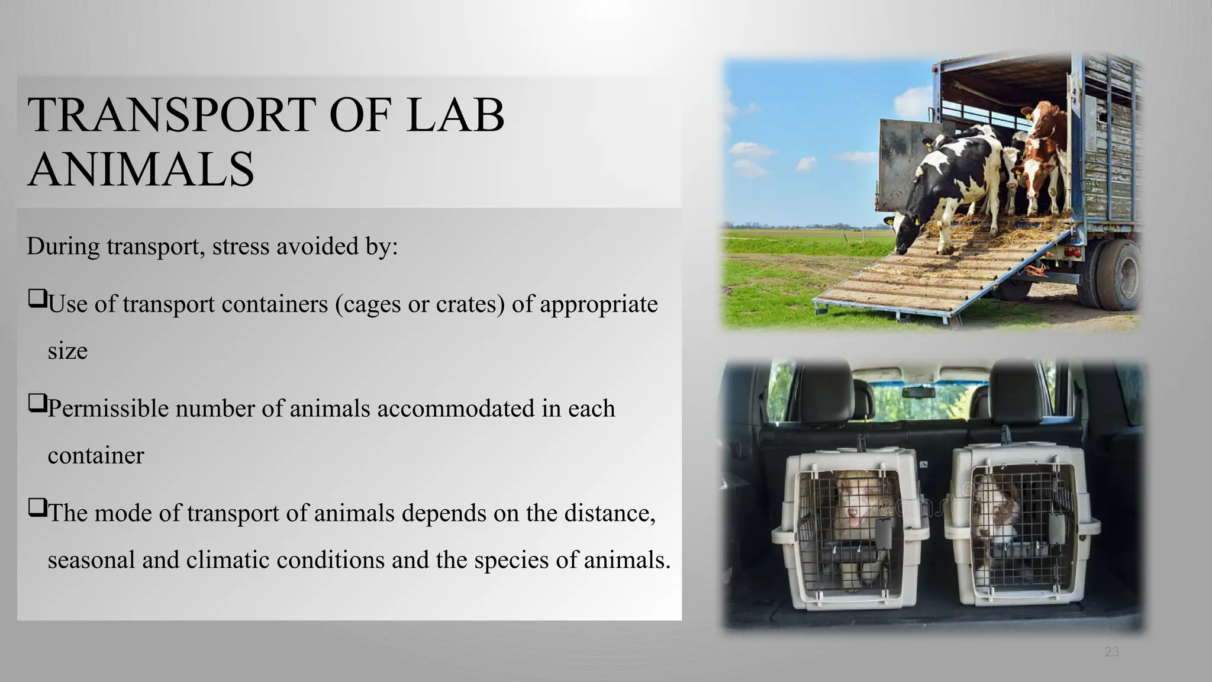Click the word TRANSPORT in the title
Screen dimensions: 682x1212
click(x=172, y=115)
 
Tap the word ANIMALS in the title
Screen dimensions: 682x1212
click(x=141, y=169)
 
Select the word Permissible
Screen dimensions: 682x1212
click(x=108, y=408)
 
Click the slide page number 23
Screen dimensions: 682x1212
click(x=1111, y=652)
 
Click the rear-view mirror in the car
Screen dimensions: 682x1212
click(x=918, y=392)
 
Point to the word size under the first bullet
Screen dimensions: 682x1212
click(x=67, y=350)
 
